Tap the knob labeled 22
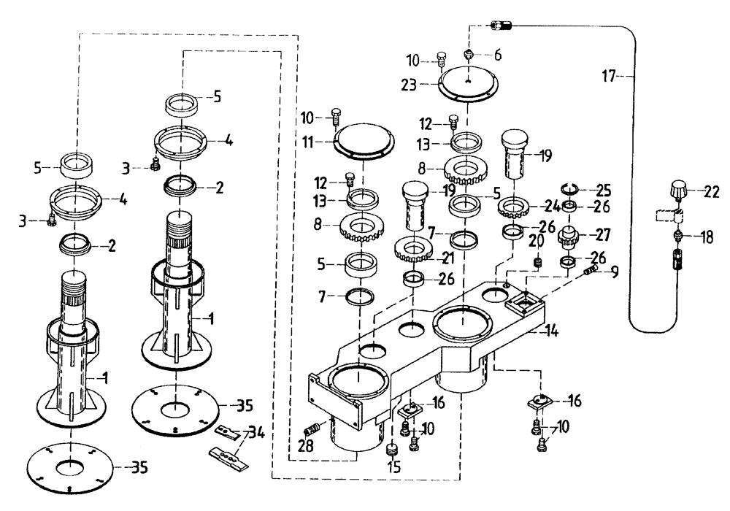coord(676,193)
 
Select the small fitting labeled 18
coord(678,237)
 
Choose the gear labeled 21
coord(414,250)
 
